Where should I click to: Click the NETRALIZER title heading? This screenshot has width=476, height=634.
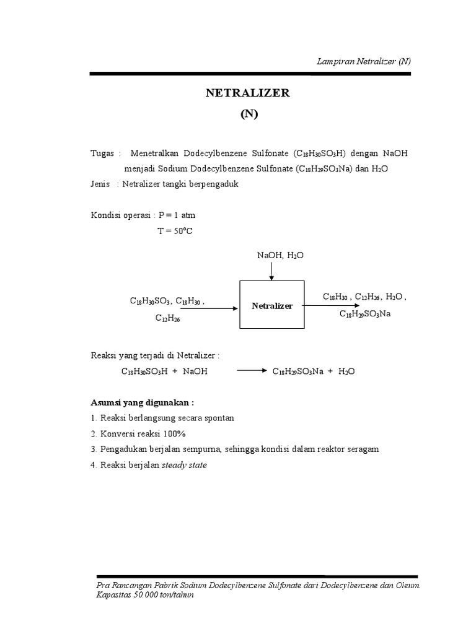coord(248,93)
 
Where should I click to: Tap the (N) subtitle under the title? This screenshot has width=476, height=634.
coord(248,115)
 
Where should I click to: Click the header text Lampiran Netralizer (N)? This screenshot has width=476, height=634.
coord(364,61)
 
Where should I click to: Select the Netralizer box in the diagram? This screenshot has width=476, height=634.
coord(272,305)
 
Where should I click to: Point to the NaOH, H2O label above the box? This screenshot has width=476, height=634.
coord(280,255)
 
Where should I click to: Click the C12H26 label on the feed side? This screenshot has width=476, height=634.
coord(167,319)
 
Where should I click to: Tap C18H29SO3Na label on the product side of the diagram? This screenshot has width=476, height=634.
coord(365,314)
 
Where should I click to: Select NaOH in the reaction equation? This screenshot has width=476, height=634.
coord(195,371)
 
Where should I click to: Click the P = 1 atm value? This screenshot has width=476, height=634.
coord(177,215)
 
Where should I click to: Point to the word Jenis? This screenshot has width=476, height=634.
coord(100,184)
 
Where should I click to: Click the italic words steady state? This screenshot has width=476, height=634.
coord(184,464)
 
